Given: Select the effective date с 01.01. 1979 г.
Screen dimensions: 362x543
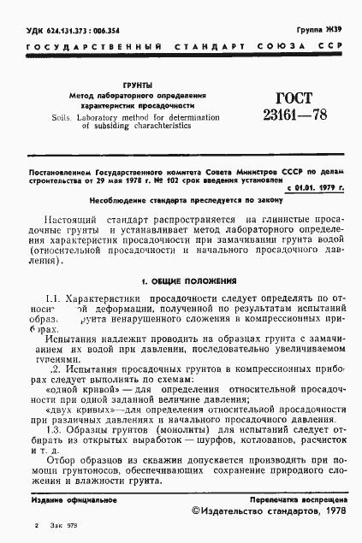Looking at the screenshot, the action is [315, 186].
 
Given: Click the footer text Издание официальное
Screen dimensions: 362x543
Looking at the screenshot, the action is [65, 498].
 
